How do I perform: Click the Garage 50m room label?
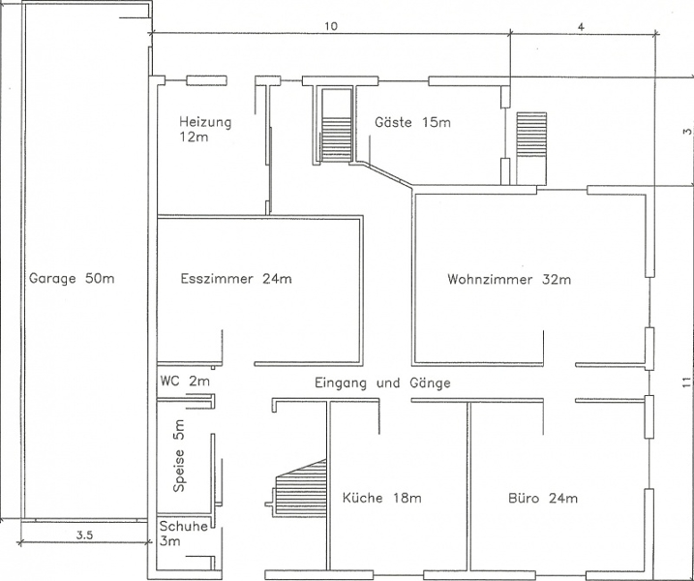point(72,279)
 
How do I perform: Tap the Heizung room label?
point(205,129)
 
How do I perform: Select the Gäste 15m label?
point(412,122)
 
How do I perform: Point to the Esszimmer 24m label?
point(236,279)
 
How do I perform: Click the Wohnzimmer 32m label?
point(509,279)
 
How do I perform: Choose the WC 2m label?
point(185,381)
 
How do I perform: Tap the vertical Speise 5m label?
point(179,456)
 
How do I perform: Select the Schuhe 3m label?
point(183,534)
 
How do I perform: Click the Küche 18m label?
point(381,498)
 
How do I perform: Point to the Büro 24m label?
point(543,498)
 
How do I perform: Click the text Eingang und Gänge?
point(382,382)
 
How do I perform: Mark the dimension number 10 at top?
point(331,26)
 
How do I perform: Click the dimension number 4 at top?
point(581,26)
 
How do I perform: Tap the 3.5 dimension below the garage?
point(84,535)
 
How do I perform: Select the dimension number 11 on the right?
point(686,382)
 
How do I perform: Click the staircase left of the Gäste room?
point(337,140)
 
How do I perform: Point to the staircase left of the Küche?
point(300,487)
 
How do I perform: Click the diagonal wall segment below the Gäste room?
point(387,174)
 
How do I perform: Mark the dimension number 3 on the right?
point(686,132)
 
